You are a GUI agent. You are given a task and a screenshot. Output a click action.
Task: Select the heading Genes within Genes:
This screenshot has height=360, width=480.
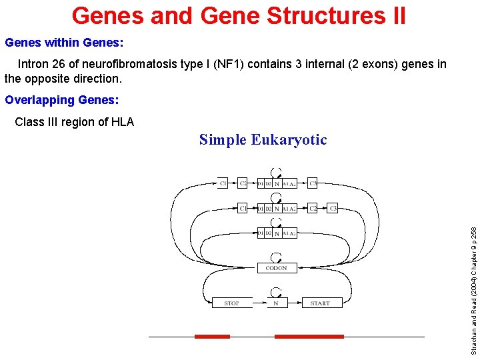tap(64, 43)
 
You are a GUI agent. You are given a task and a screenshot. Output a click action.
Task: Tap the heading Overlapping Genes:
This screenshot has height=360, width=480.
tap(62, 100)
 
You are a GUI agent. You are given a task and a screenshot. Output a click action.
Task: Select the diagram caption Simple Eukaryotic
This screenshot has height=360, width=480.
tap(263, 139)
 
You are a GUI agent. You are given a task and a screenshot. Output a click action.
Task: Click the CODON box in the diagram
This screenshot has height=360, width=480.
tap(276, 268)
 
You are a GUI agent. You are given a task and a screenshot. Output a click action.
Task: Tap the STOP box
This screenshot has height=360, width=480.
tap(232, 303)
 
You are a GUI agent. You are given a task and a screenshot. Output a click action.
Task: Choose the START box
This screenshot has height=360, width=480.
tap(320, 303)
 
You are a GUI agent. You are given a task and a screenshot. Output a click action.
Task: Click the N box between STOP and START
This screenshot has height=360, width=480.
tap(276, 303)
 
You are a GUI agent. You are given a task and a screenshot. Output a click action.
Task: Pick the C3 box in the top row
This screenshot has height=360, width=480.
tap(313, 183)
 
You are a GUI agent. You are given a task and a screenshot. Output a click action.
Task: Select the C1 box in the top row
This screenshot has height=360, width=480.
tap(223, 183)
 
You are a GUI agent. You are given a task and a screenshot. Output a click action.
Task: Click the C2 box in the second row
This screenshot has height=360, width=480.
tap(313, 208)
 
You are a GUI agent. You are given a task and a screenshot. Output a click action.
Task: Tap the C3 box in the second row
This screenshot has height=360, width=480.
tap(333, 208)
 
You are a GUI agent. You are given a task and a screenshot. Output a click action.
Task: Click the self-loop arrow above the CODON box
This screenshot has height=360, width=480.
tap(276, 256)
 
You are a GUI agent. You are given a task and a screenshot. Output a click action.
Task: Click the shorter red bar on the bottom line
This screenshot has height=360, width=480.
tap(212, 337)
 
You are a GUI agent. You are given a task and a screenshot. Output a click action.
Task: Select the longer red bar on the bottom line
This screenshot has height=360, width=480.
tap(309, 337)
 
